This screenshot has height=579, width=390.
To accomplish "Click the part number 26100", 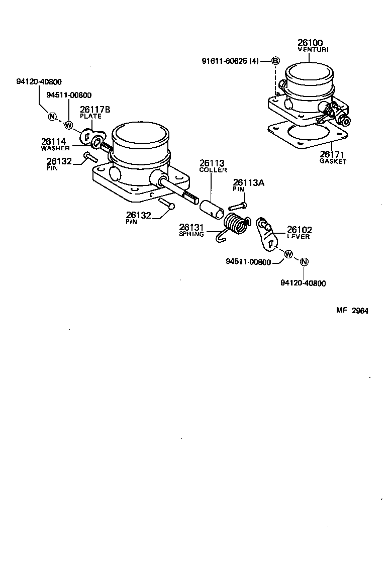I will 310,43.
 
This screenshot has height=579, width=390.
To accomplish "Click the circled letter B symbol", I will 275,61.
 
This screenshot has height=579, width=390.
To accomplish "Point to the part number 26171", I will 333,155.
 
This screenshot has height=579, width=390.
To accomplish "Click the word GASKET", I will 333,162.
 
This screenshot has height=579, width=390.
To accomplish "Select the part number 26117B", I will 95,109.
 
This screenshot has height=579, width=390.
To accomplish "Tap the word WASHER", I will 55,148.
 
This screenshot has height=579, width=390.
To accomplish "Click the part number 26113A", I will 248,183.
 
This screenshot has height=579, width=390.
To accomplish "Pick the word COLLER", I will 213,170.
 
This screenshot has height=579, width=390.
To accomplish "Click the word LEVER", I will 299,237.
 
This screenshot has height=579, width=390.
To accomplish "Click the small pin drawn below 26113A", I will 238,205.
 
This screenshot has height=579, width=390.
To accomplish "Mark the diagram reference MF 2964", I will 352,311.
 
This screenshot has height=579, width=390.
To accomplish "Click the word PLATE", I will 90,116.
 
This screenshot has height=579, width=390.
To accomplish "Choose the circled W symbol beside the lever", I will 288,254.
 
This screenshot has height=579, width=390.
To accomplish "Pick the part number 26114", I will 54,142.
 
